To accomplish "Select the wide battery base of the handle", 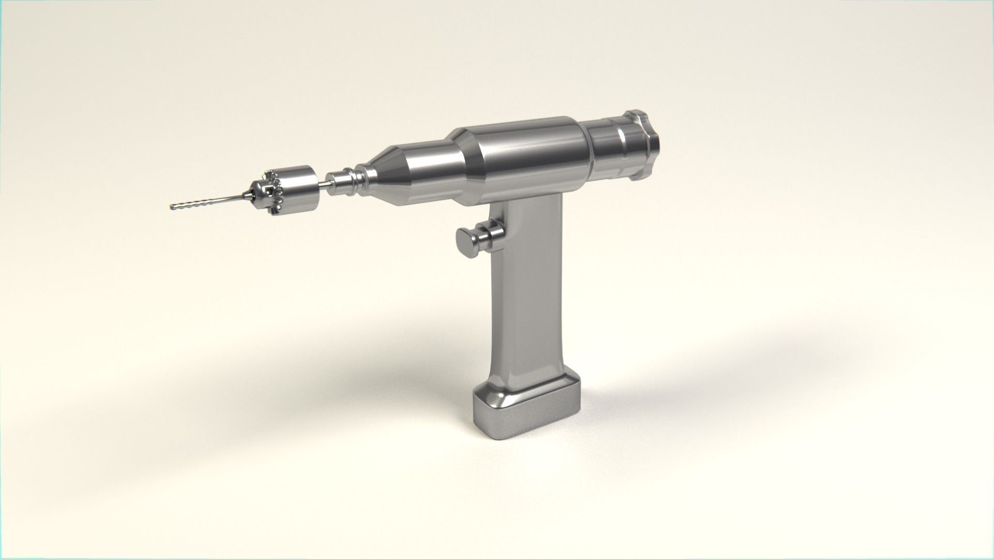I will (525, 409).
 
